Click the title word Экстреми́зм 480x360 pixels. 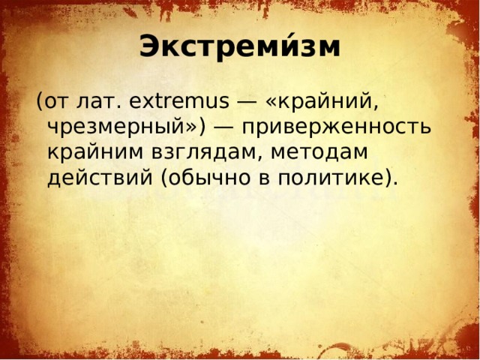(239, 47)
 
